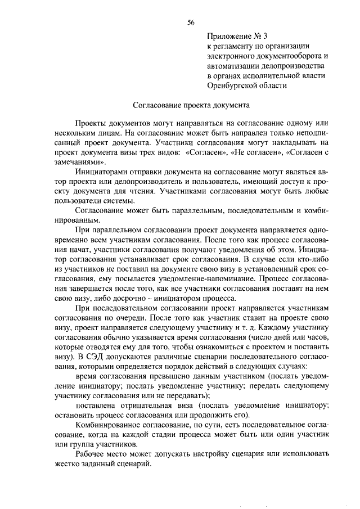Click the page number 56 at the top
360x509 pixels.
191,22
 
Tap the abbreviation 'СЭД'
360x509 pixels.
101,359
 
